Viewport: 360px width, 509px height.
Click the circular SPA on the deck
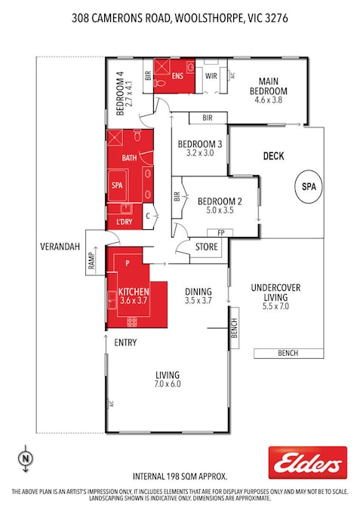pyautogui.click(x=308, y=186)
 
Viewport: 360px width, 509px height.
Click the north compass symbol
pyautogui.click(x=26, y=457)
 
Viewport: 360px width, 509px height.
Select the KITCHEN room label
pyautogui.click(x=133, y=292)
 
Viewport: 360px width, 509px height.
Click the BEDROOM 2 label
pyautogui.click(x=219, y=201)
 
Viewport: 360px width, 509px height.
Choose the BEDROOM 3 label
pyautogui.click(x=199, y=145)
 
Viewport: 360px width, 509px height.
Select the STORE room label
pyautogui.click(x=206, y=246)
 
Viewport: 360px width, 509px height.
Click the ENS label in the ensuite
pyautogui.click(x=177, y=76)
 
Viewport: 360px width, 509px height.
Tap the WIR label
pyautogui.click(x=211, y=76)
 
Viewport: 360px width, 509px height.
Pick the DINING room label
pyautogui.click(x=198, y=292)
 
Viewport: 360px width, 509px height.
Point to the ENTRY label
pyautogui.click(x=125, y=342)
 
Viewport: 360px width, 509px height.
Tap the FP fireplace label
pyautogui.click(x=220, y=233)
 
